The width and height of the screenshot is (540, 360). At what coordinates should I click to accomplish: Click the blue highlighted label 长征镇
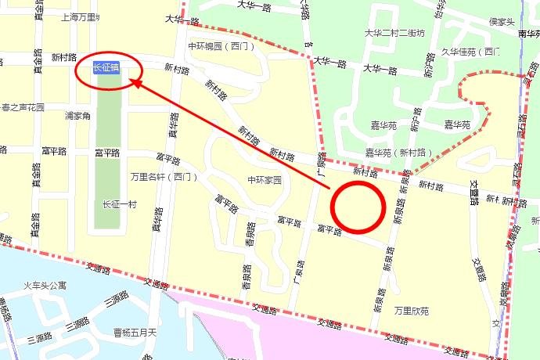tap(106, 68)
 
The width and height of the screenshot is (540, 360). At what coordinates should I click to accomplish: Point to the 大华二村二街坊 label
tap(394, 34)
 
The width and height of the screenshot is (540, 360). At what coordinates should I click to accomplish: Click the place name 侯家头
tap(501, 22)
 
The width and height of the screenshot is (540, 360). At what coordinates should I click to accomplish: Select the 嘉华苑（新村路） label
tap(399, 152)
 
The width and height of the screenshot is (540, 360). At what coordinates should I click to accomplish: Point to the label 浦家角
tap(77, 116)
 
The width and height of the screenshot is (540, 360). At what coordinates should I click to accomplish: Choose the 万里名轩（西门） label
tap(164, 176)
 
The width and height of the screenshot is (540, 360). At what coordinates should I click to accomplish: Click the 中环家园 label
tap(264, 180)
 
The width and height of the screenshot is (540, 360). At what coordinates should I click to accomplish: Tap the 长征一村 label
tap(119, 204)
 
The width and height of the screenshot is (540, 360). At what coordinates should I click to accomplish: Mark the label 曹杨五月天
tap(135, 333)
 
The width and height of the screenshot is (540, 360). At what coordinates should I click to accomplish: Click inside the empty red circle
tap(357, 207)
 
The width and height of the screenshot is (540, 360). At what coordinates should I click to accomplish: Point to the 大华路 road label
tap(182, 21)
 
